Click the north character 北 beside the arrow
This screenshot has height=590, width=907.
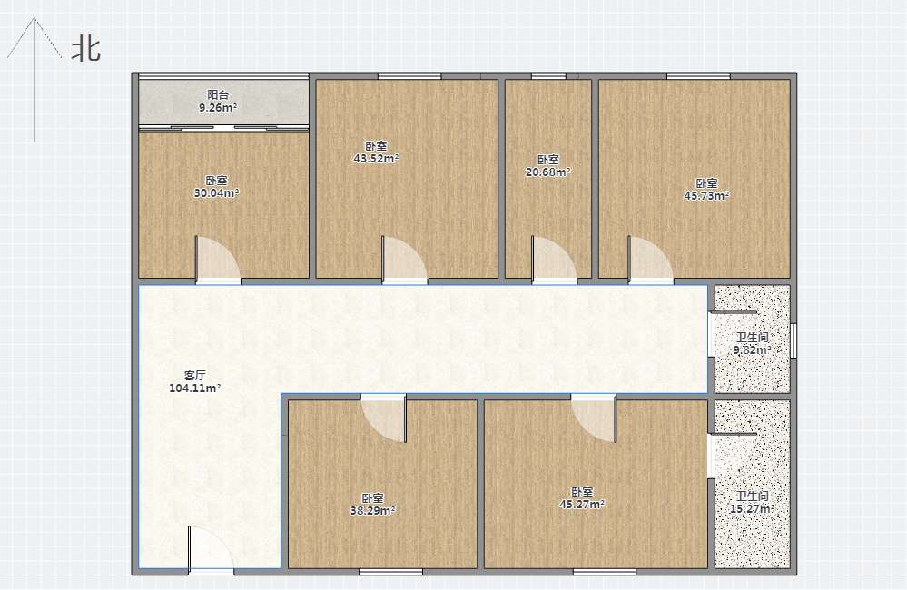(x=86, y=49)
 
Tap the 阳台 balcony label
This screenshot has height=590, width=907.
(x=218, y=95)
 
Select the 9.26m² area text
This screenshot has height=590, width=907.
(x=218, y=108)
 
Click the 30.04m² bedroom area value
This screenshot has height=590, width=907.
(x=216, y=193)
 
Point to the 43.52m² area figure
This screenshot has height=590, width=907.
(x=377, y=159)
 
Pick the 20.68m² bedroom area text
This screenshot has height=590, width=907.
(x=547, y=172)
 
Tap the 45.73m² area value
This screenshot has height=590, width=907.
(x=706, y=196)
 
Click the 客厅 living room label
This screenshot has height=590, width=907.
(x=195, y=376)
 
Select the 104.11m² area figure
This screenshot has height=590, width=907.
(x=195, y=388)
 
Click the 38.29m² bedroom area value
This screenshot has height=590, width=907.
(x=373, y=511)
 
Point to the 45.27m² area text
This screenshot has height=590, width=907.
(x=582, y=505)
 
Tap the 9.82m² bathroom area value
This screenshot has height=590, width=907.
(x=752, y=350)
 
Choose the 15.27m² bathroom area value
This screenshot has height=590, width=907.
(x=752, y=509)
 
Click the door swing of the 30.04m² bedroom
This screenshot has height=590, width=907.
(x=218, y=260)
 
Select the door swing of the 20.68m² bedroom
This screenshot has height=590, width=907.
(x=554, y=260)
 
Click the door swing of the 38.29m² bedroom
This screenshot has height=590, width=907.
(x=384, y=418)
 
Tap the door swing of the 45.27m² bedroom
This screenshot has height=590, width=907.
(x=594, y=418)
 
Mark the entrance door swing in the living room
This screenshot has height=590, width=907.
(x=212, y=547)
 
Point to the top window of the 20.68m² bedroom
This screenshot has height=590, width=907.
(x=548, y=75)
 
